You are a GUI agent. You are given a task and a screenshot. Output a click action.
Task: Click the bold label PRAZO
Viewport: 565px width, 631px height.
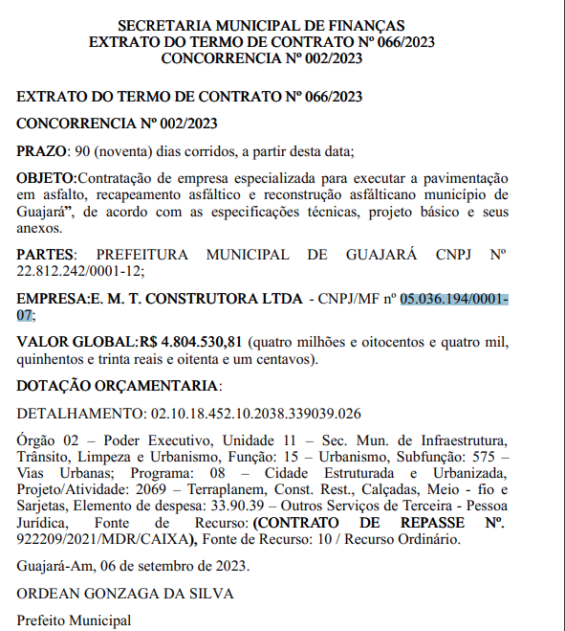click(41, 151)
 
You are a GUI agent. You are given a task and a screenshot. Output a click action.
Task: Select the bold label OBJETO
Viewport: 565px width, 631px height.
click(46, 178)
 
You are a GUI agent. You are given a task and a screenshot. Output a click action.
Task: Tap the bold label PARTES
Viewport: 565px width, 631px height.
click(45, 255)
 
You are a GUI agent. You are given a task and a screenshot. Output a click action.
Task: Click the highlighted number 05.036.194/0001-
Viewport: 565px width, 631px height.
click(454, 299)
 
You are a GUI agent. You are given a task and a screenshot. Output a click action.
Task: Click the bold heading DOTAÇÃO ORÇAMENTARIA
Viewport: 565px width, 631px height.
click(118, 386)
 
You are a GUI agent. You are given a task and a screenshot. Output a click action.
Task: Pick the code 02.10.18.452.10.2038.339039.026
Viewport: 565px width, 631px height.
click(255, 414)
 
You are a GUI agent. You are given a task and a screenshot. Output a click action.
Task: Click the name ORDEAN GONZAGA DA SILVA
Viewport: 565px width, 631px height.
click(125, 593)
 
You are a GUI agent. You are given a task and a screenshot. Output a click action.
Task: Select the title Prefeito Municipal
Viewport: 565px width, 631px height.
click(74, 620)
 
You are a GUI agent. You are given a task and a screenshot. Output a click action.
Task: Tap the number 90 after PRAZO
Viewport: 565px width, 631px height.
click(84, 151)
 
